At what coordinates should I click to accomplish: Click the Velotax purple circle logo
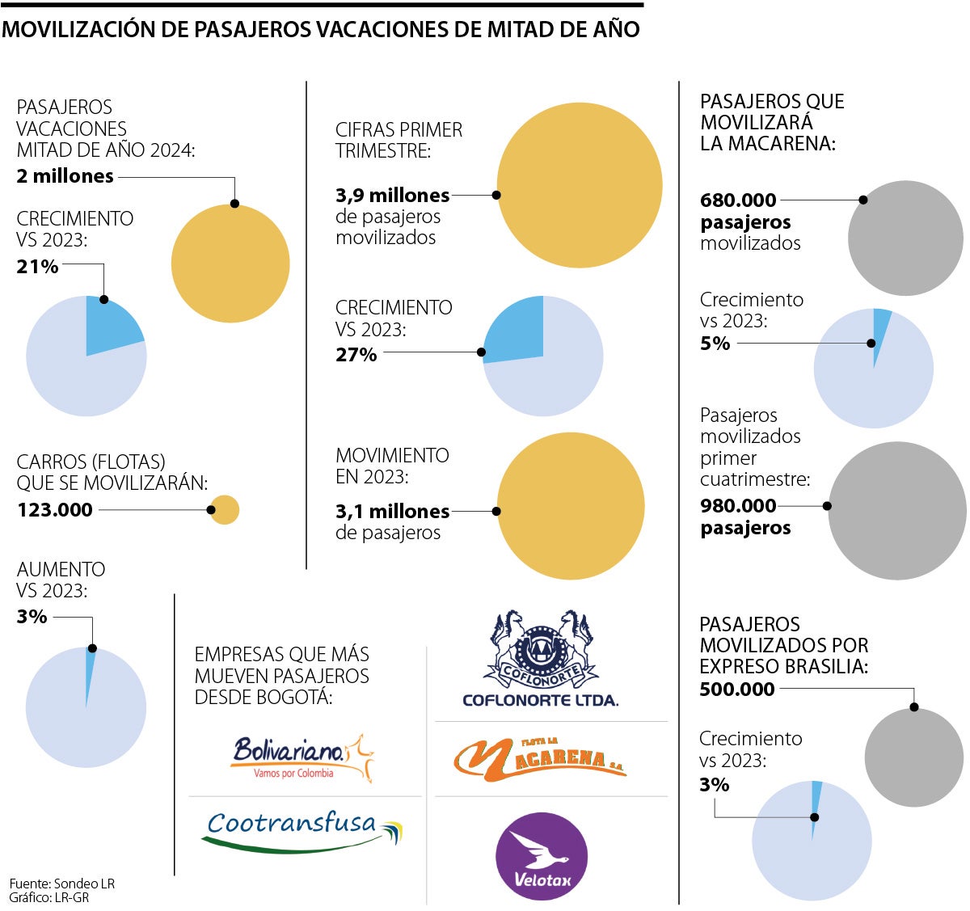tap(541, 856)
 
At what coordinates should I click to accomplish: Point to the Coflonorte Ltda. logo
tap(541, 659)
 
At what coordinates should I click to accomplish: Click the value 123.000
tap(55, 510)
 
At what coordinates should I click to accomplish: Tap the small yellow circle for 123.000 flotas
tap(226, 510)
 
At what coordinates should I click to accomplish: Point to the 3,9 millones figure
tap(392, 196)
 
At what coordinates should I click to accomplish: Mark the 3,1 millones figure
tap(392, 512)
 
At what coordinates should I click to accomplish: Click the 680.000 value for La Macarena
tap(738, 200)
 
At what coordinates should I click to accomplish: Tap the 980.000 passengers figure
tap(738, 506)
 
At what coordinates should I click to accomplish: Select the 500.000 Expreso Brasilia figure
tap(737, 690)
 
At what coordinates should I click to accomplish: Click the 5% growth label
tap(715, 344)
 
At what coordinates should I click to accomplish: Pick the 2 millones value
tap(65, 176)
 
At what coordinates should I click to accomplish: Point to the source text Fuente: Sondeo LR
tap(62, 884)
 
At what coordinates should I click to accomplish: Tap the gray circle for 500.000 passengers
tap(914, 758)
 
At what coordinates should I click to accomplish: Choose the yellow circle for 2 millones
tap(230, 264)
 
